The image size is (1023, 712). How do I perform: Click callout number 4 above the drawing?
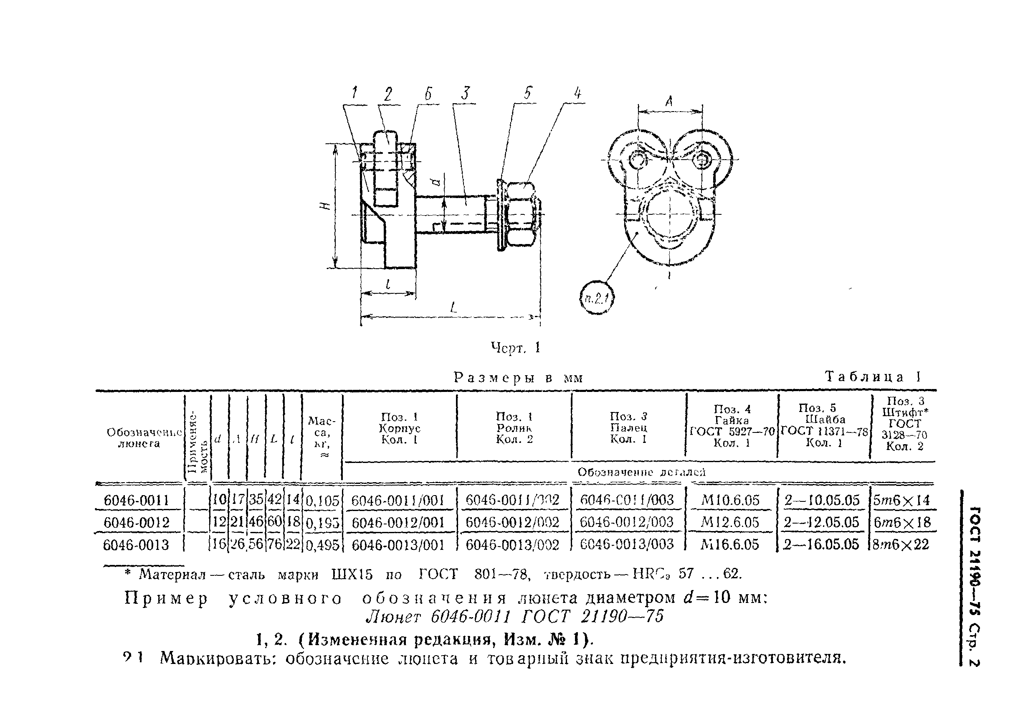click(577, 94)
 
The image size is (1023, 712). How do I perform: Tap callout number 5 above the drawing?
click(527, 93)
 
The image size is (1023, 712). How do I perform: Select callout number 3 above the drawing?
click(466, 94)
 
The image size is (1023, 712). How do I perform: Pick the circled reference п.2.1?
click(597, 298)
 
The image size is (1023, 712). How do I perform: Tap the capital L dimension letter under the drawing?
click(453, 307)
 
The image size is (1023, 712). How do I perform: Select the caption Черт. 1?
click(515, 347)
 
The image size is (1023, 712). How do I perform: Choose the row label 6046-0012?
click(137, 522)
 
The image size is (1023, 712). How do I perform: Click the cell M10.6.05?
click(730, 500)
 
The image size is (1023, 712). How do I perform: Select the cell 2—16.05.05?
click(821, 544)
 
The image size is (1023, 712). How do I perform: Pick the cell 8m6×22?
click(901, 544)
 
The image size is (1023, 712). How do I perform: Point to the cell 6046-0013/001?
click(398, 544)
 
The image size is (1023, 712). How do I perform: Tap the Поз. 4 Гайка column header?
click(732, 426)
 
